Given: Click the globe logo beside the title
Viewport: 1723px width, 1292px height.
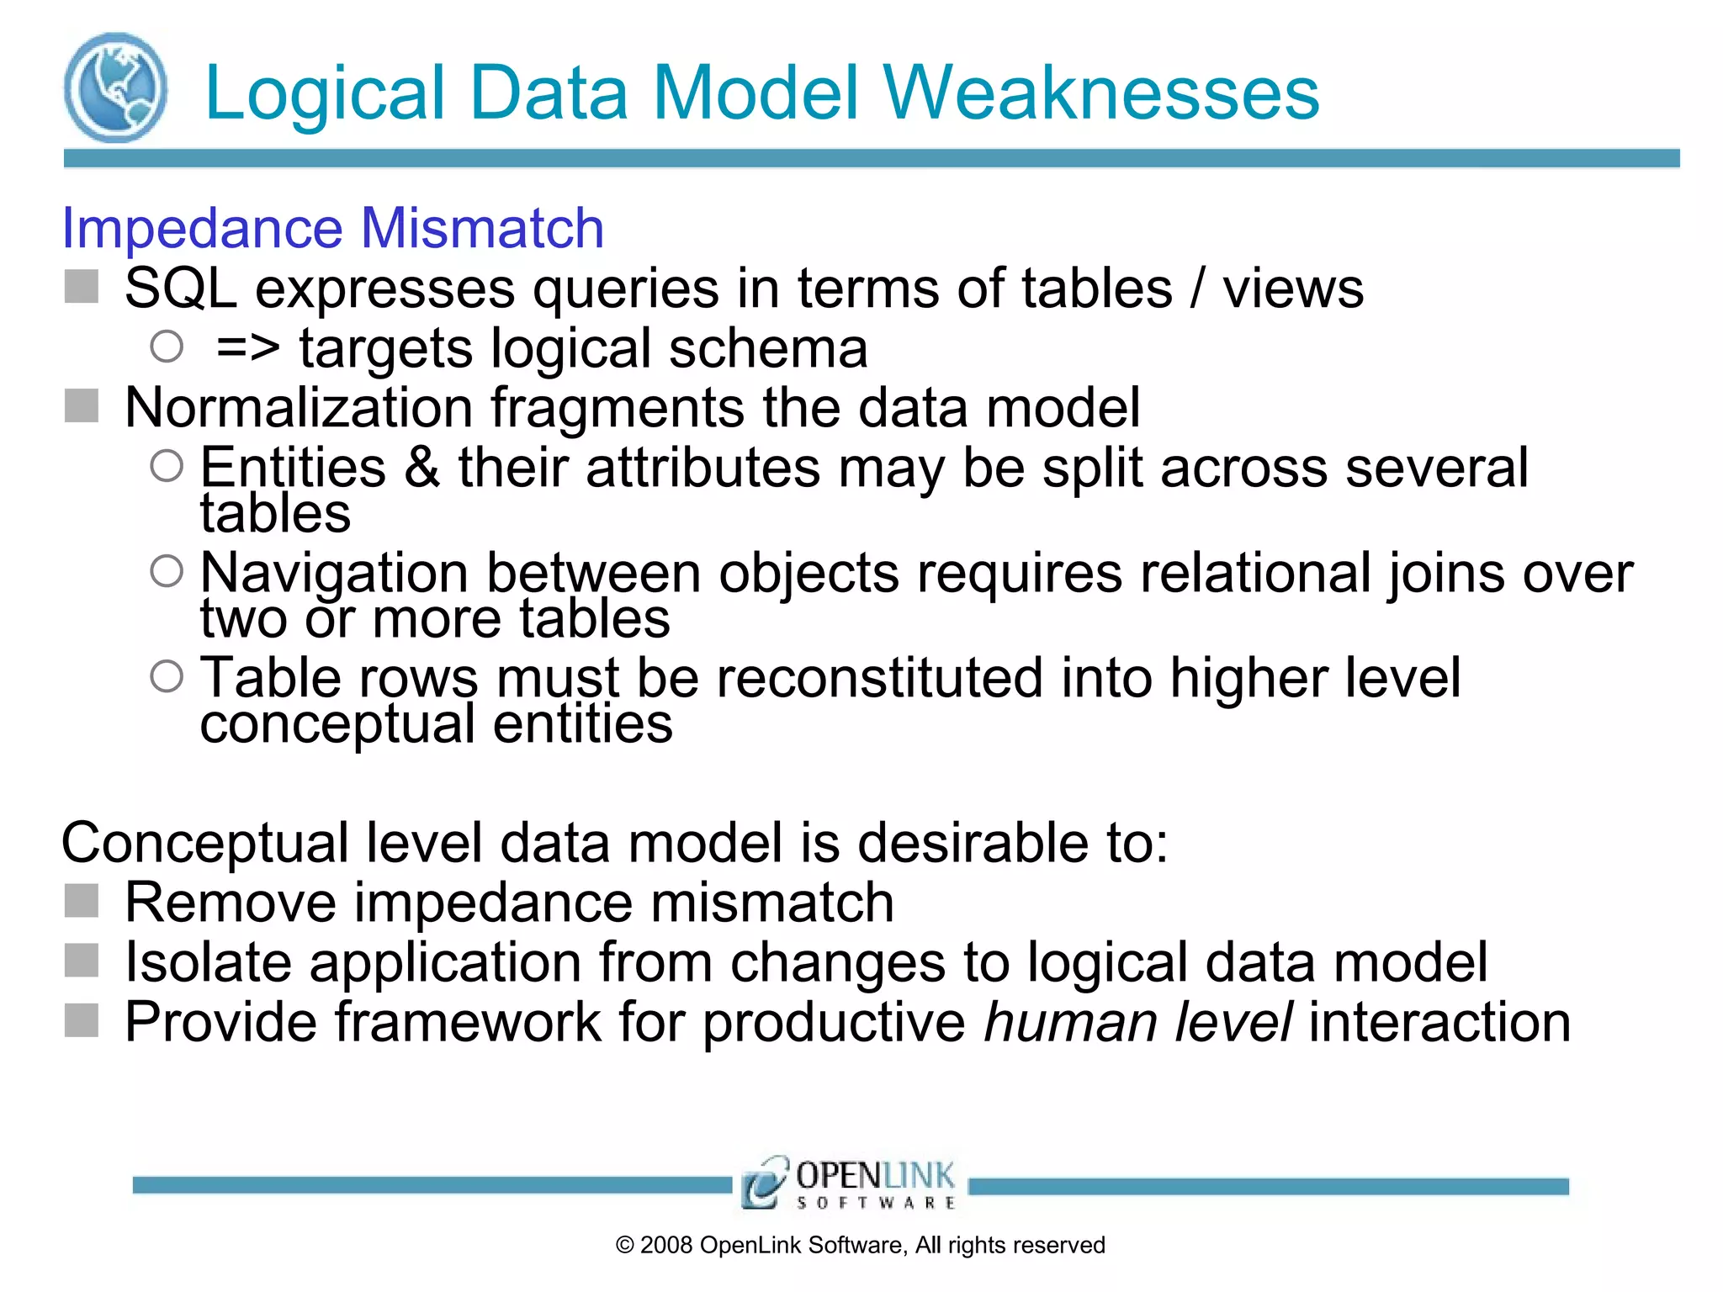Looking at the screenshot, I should (x=115, y=87).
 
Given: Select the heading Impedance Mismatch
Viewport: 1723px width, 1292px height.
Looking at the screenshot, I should (x=333, y=228).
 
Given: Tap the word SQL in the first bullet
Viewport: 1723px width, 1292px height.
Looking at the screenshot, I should (x=180, y=289).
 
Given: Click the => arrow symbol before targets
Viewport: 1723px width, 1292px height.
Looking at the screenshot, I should (x=247, y=348).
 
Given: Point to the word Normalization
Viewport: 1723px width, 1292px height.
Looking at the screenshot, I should (x=299, y=408).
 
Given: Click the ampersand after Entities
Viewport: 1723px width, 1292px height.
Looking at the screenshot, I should (x=422, y=468).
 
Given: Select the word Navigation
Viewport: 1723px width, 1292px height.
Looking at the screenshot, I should (x=334, y=574).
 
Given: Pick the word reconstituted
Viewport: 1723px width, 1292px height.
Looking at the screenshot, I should (x=879, y=678).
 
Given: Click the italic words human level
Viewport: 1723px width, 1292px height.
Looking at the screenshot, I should (x=1138, y=1023).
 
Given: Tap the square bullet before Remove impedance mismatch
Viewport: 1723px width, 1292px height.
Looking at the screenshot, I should (x=82, y=902).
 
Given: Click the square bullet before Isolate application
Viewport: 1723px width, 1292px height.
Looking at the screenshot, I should (x=82, y=961).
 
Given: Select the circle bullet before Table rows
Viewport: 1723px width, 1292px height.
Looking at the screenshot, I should (x=167, y=676).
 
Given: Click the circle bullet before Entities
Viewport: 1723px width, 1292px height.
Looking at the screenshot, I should (x=167, y=466).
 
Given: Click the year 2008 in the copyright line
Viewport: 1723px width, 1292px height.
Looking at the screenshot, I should (x=666, y=1246).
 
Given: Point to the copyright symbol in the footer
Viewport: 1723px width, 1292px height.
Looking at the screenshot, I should (x=624, y=1246).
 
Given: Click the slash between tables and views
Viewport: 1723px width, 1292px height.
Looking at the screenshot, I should (x=1197, y=289).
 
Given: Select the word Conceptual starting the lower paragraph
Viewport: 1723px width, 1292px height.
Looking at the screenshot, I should (x=204, y=843).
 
